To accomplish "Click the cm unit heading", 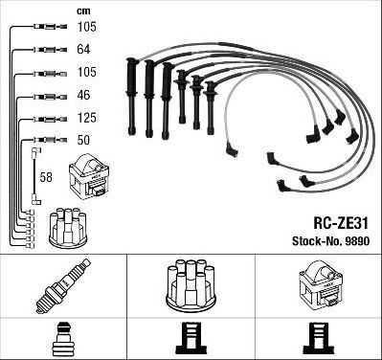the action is [83, 11].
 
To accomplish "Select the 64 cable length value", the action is [83, 50].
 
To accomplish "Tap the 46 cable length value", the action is [83, 95].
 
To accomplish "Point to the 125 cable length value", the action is [86, 118].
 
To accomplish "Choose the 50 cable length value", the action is [83, 140].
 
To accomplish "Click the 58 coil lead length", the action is [46, 177].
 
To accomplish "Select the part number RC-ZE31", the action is [341, 223].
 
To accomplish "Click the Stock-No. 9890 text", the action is [330, 241].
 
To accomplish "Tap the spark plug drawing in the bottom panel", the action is [63, 286].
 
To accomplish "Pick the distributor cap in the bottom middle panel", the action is [191, 286].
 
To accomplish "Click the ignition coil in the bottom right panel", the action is [321, 287].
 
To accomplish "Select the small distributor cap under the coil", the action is [68, 228].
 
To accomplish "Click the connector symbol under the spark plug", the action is [63, 339].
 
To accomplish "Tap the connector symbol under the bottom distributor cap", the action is [191, 338].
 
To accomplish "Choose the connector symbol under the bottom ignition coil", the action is [319, 338].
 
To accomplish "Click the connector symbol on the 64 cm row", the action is [50, 50].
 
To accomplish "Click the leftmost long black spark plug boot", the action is [131, 97].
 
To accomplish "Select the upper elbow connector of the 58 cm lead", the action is [36, 150].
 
